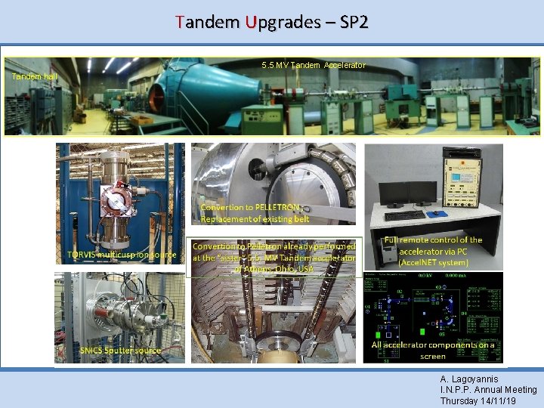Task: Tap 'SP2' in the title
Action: pyautogui.click(x=354, y=23)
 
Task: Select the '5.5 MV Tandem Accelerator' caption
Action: pyautogui.click(x=314, y=65)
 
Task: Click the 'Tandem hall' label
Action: pyautogui.click(x=34, y=76)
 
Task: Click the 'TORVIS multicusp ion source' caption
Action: pyautogui.click(x=121, y=255)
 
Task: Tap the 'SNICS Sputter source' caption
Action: pyautogui.click(x=121, y=351)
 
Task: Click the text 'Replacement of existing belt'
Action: pyautogui.click(x=255, y=219)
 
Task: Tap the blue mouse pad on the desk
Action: pyautogui.click(x=439, y=217)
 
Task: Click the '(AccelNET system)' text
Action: pyautogui.click(x=434, y=262)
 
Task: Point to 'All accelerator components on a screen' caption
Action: pyautogui.click(x=433, y=350)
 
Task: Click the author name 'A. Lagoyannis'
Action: pyautogui.click(x=468, y=379)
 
